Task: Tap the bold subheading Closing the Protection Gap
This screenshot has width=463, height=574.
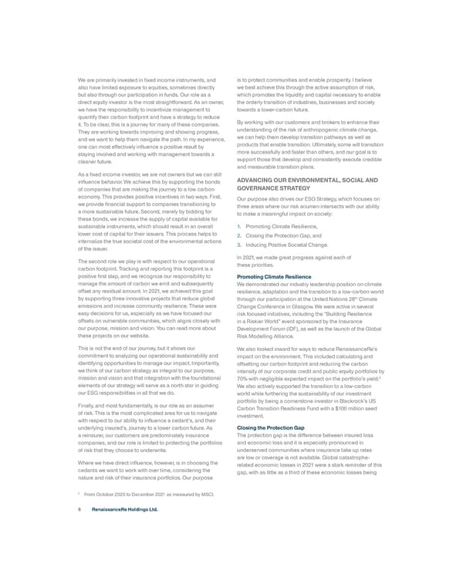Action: click(x=270, y=427)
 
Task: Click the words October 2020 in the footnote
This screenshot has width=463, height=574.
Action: click(x=113, y=494)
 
